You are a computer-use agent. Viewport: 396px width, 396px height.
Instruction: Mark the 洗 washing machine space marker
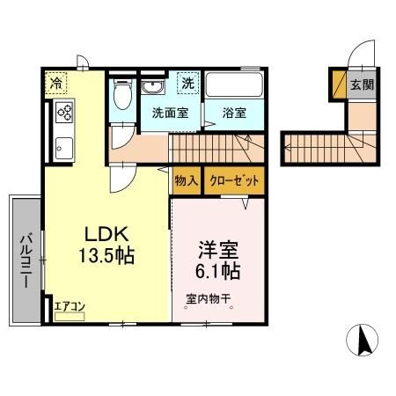point(187,83)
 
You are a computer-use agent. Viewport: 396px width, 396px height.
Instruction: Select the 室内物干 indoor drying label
point(208,299)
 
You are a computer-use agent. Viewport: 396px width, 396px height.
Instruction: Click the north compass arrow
point(362,339)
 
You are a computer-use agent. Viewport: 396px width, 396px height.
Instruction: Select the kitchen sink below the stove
point(65,145)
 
